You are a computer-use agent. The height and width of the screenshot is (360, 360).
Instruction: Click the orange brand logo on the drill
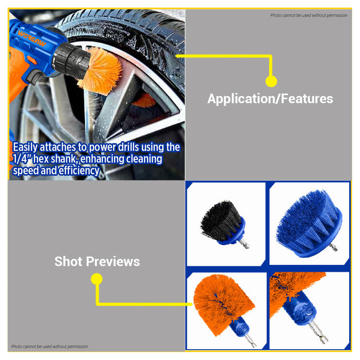[x=32, y=39]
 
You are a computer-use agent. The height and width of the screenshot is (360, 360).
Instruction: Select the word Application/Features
[x=270, y=99]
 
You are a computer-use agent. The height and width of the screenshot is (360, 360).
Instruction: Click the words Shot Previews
[x=97, y=261]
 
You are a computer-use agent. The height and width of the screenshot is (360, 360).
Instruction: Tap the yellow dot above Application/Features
[x=271, y=81]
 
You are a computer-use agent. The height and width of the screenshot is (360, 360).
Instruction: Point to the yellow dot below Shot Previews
[x=97, y=279]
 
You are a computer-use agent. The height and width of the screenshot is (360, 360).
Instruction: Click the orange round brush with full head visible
[x=224, y=305]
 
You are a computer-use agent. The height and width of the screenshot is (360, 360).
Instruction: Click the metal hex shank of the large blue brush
[x=334, y=248]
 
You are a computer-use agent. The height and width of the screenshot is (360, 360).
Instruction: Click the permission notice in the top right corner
[x=309, y=15]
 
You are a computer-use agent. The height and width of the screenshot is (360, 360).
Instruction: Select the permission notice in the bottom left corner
[x=49, y=347]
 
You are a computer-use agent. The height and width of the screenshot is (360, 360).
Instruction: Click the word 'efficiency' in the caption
[x=79, y=171]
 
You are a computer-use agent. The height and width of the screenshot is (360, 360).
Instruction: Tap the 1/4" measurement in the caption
[x=22, y=159]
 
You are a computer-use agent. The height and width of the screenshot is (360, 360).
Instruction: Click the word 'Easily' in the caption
[x=25, y=148]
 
